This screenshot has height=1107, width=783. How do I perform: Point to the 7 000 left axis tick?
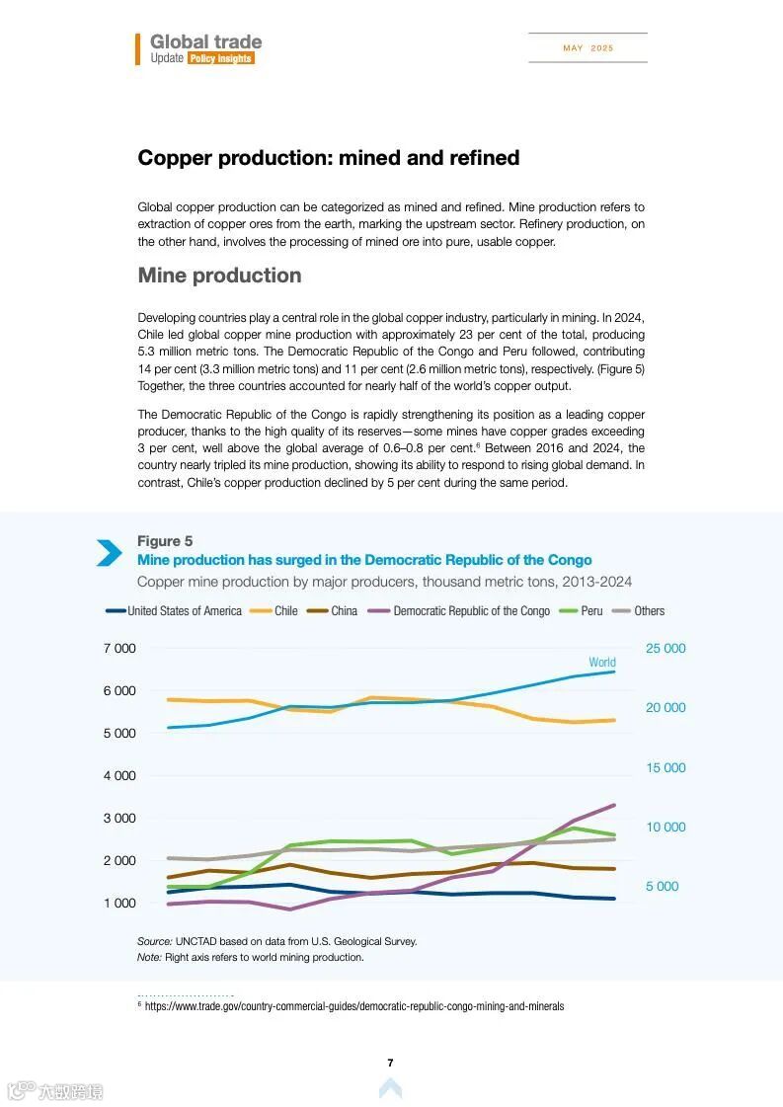117,649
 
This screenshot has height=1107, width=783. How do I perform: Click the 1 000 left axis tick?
117,904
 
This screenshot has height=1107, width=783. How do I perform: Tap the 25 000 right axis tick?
666,649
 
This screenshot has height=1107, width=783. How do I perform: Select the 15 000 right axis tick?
666,768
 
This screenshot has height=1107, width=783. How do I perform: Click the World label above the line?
602,663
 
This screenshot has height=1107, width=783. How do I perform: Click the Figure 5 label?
165,541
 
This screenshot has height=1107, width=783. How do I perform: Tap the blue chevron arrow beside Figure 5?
109,553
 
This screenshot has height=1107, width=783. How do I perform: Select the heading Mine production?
219,276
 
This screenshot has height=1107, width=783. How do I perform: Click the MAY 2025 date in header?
587,48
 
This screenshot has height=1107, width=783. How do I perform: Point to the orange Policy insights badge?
221,58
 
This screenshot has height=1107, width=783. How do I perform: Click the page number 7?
390,1063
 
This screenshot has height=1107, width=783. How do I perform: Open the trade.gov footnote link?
354,1006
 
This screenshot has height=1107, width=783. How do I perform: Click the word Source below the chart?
154,941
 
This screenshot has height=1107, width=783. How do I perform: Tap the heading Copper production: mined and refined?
328,158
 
